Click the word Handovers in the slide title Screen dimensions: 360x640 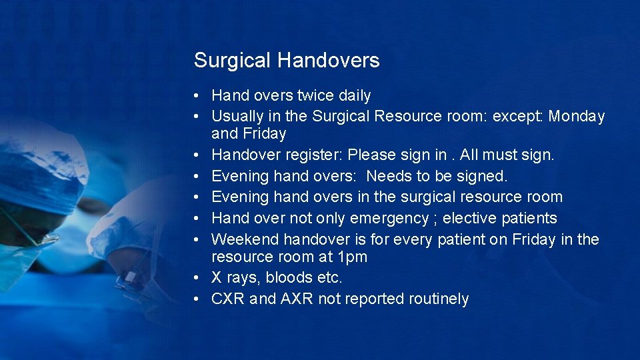pos(329,61)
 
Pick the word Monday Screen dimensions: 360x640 pos(577,117)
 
